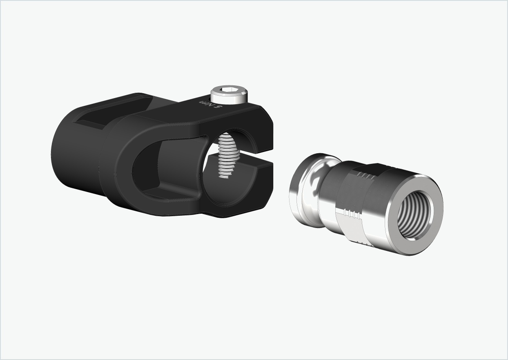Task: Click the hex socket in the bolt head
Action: click(228, 90)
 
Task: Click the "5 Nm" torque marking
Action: click(210, 103)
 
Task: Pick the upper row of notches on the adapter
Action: click(366, 177)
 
